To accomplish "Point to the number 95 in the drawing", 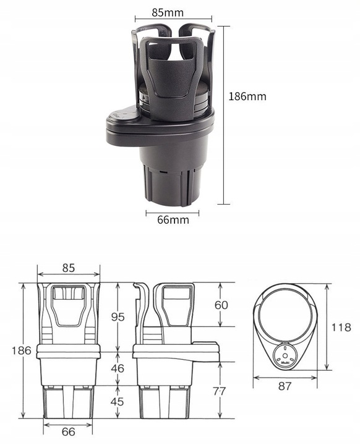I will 118,316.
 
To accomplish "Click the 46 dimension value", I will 118,368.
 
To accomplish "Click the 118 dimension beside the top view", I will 340,328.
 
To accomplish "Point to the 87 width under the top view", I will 285,386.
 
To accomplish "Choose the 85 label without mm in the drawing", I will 68,268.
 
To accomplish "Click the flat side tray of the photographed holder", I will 124,119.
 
